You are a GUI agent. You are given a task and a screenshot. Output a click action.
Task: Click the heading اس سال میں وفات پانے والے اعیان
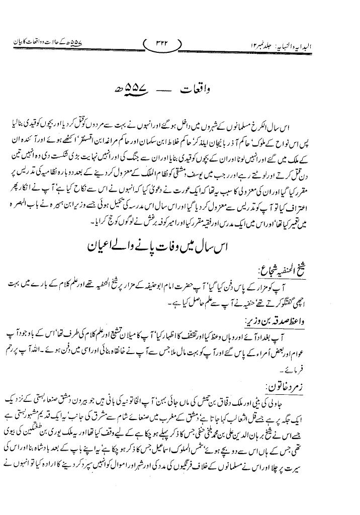(181, 248)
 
